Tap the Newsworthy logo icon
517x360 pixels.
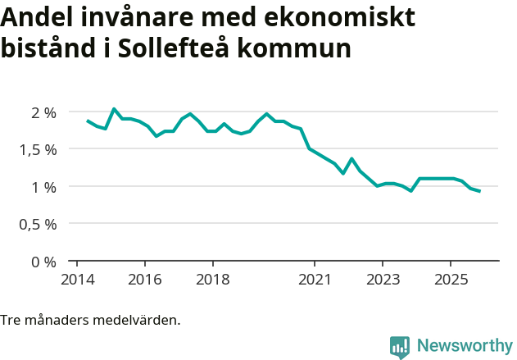pos(400,347)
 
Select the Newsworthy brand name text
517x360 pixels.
pos(465,346)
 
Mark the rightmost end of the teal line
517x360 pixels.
pos(479,191)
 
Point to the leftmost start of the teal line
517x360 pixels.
pos(88,121)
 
